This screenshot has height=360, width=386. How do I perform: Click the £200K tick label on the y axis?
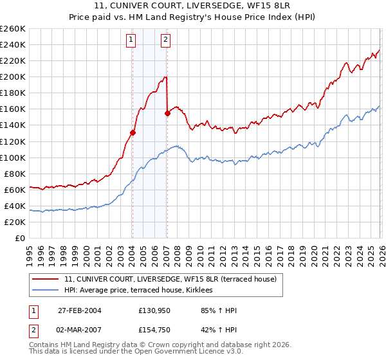pyautogui.click(x=12, y=77)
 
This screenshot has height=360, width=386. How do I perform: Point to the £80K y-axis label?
pyautogui.click(x=14, y=174)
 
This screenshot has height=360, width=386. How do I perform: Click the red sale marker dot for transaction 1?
pyautogui.click(x=133, y=132)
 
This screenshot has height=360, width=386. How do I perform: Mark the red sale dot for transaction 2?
pyautogui.click(x=167, y=113)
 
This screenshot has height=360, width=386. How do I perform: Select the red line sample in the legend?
pyautogui.click(x=44, y=279)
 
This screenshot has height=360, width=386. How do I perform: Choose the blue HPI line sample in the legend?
pyautogui.click(x=44, y=291)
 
